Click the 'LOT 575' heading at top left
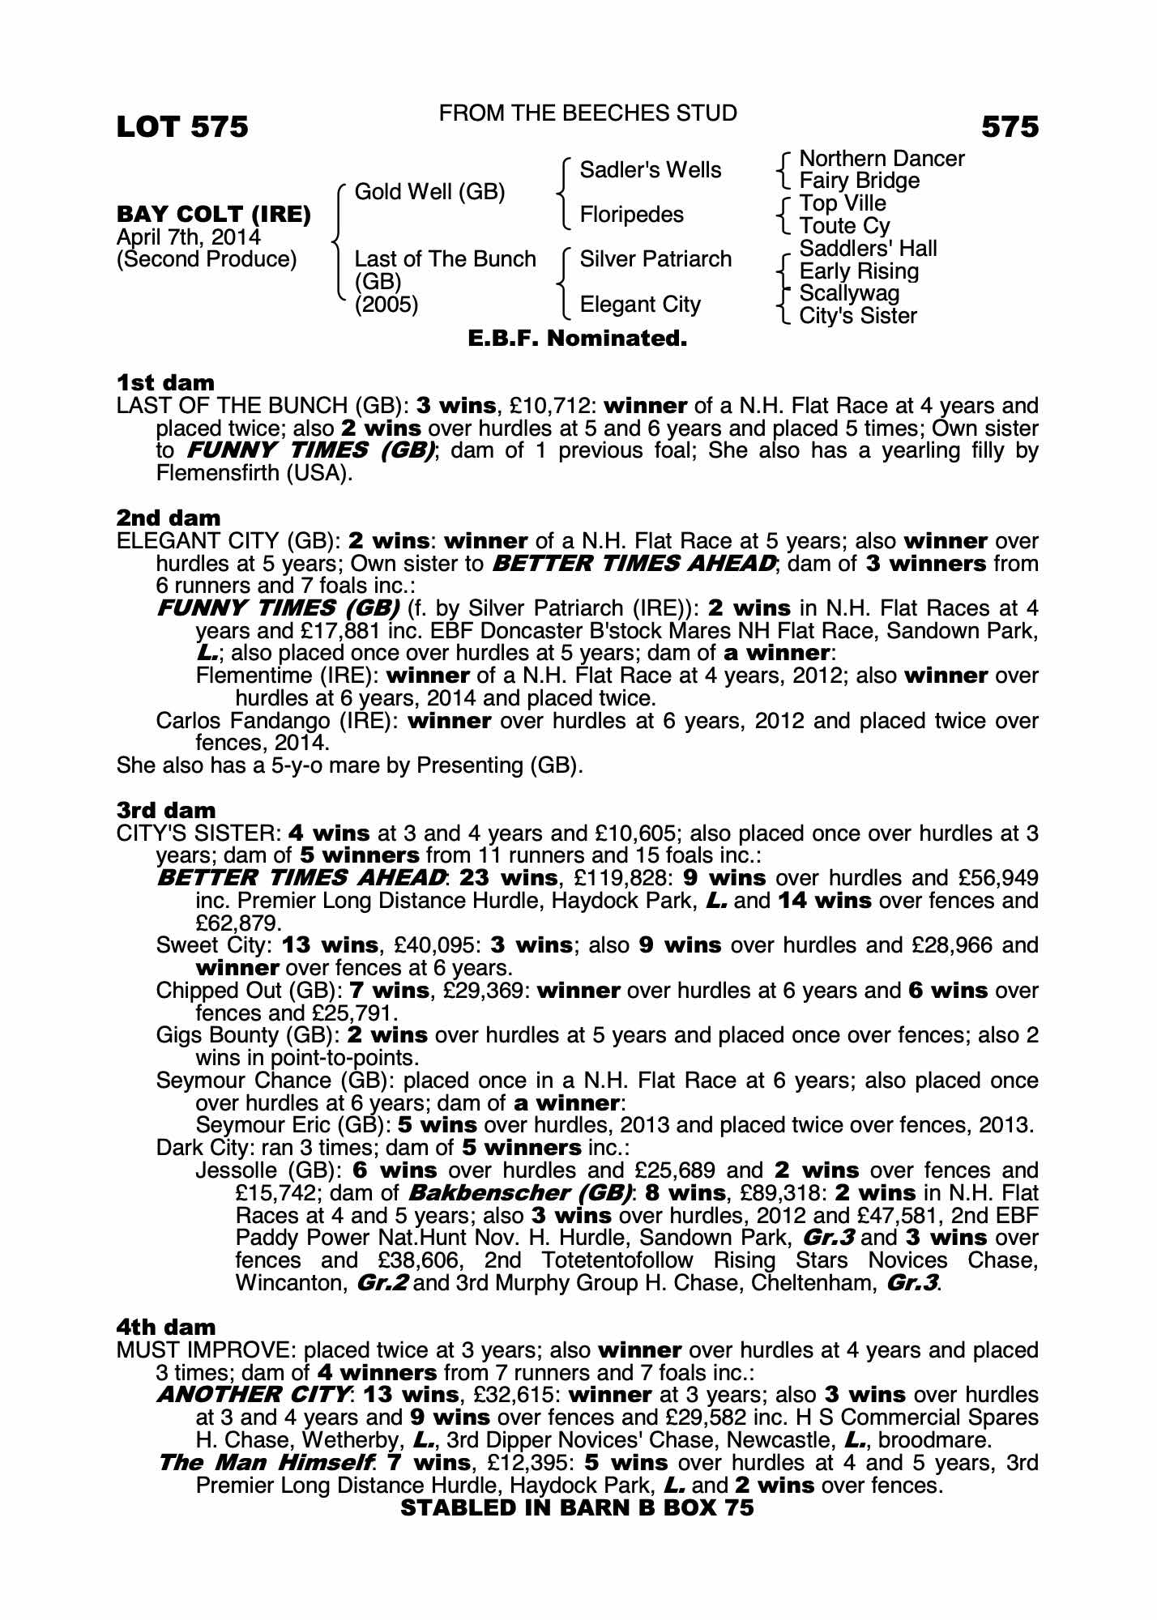coord(182,127)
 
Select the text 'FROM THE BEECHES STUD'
coord(587,113)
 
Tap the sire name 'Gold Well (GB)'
coord(429,192)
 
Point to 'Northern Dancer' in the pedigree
coord(882,159)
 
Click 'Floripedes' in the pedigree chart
coord(631,215)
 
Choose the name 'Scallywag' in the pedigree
coord(849,293)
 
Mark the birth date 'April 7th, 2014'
coord(189,237)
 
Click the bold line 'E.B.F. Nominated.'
coord(578,339)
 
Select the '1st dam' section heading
coord(166,382)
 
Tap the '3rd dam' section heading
coord(166,810)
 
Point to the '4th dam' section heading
coord(166,1327)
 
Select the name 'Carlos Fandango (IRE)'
coord(275,721)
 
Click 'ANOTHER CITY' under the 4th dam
coord(254,1395)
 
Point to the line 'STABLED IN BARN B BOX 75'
coord(577,1507)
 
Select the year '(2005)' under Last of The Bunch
coord(386,305)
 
